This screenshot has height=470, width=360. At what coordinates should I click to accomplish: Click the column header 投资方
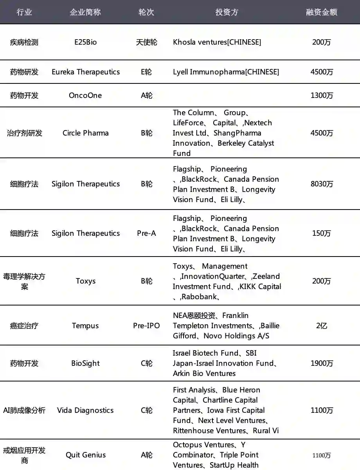[227, 12]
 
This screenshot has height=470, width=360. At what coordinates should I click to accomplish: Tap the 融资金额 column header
[321, 12]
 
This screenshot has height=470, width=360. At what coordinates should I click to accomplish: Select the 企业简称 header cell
[85, 12]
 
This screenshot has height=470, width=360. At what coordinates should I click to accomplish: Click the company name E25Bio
[85, 42]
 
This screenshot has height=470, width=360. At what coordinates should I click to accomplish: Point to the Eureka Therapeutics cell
[86, 72]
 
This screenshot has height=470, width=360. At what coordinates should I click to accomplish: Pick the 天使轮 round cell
[146, 42]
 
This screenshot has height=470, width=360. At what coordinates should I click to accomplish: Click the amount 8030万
[322, 184]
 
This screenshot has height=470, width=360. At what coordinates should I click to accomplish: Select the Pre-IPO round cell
[146, 325]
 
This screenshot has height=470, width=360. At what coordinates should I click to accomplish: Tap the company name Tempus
[85, 325]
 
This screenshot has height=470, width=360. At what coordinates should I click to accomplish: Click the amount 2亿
[322, 325]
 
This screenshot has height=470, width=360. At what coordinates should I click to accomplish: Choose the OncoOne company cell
[85, 95]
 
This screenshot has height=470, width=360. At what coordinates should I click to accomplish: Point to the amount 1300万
[322, 95]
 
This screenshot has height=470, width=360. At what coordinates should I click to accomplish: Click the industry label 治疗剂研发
[24, 133]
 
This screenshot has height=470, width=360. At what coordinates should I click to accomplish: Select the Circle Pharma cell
[85, 133]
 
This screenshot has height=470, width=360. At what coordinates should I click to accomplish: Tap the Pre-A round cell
[146, 233]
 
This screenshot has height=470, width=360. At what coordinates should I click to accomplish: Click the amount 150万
[322, 233]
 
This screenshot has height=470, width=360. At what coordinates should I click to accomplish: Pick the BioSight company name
[85, 363]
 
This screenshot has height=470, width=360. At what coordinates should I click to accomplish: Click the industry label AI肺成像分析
[24, 410]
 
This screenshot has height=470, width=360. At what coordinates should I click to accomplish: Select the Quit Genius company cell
[85, 455]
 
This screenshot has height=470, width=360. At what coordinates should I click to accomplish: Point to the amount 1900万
[322, 363]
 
